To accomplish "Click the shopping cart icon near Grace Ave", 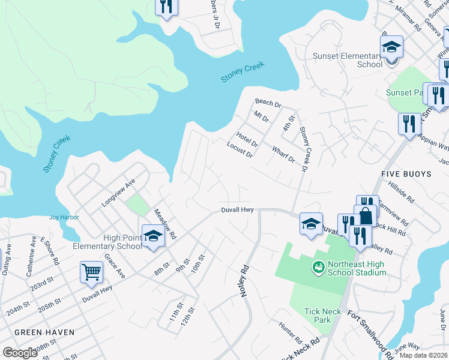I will click(x=91, y=272).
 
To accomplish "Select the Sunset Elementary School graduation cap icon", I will click(x=391, y=46).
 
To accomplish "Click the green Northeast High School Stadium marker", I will click(x=318, y=265).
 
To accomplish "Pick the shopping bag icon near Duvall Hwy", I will click(x=365, y=215).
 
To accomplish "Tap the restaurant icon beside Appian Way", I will click(x=409, y=124).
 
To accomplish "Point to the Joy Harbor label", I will click(x=64, y=217).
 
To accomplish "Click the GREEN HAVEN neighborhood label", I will click(x=44, y=332).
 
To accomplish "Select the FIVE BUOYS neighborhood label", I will click(x=406, y=174).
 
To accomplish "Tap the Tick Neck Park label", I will click(x=318, y=316).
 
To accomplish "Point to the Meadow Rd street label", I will click(x=164, y=224).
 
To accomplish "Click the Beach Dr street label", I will click(x=268, y=104).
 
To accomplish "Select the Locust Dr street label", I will click(x=240, y=149).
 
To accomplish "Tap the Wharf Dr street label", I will click(x=283, y=154).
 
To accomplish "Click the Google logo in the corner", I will click(x=19, y=353).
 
